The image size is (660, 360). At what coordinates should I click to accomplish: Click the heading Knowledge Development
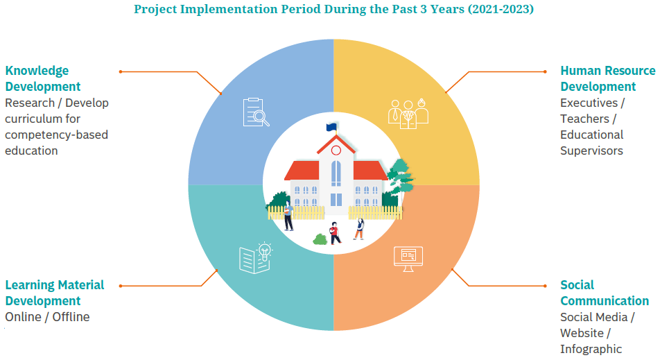tap(42, 78)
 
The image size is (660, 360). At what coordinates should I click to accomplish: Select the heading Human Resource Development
tap(608, 78)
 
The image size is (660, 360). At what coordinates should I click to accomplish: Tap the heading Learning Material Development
tap(54, 293)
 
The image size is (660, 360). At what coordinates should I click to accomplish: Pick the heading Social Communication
tap(605, 293)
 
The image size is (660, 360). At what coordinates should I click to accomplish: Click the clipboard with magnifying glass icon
tap(256, 112)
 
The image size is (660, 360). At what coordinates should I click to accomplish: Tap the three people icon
tap(408, 114)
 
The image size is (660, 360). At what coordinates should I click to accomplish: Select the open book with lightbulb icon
tap(256, 258)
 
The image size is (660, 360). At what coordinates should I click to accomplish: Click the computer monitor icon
tap(408, 259)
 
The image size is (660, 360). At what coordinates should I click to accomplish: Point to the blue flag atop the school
tap(331, 127)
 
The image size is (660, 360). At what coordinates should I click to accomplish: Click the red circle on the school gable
tap(336, 151)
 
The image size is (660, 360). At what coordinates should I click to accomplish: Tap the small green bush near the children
tap(320, 239)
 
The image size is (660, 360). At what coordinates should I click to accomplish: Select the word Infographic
tap(591, 349)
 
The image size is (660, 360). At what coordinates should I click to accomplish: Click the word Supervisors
tap(591, 151)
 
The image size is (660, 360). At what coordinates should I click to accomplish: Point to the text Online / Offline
tap(47, 316)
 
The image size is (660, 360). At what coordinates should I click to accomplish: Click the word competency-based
tap(56, 135)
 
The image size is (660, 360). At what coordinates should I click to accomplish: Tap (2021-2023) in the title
tap(501, 9)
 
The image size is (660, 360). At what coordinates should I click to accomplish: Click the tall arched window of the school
tap(336, 173)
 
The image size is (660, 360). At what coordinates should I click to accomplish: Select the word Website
tap(582, 333)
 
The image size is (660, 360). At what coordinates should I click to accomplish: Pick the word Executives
tap(589, 103)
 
